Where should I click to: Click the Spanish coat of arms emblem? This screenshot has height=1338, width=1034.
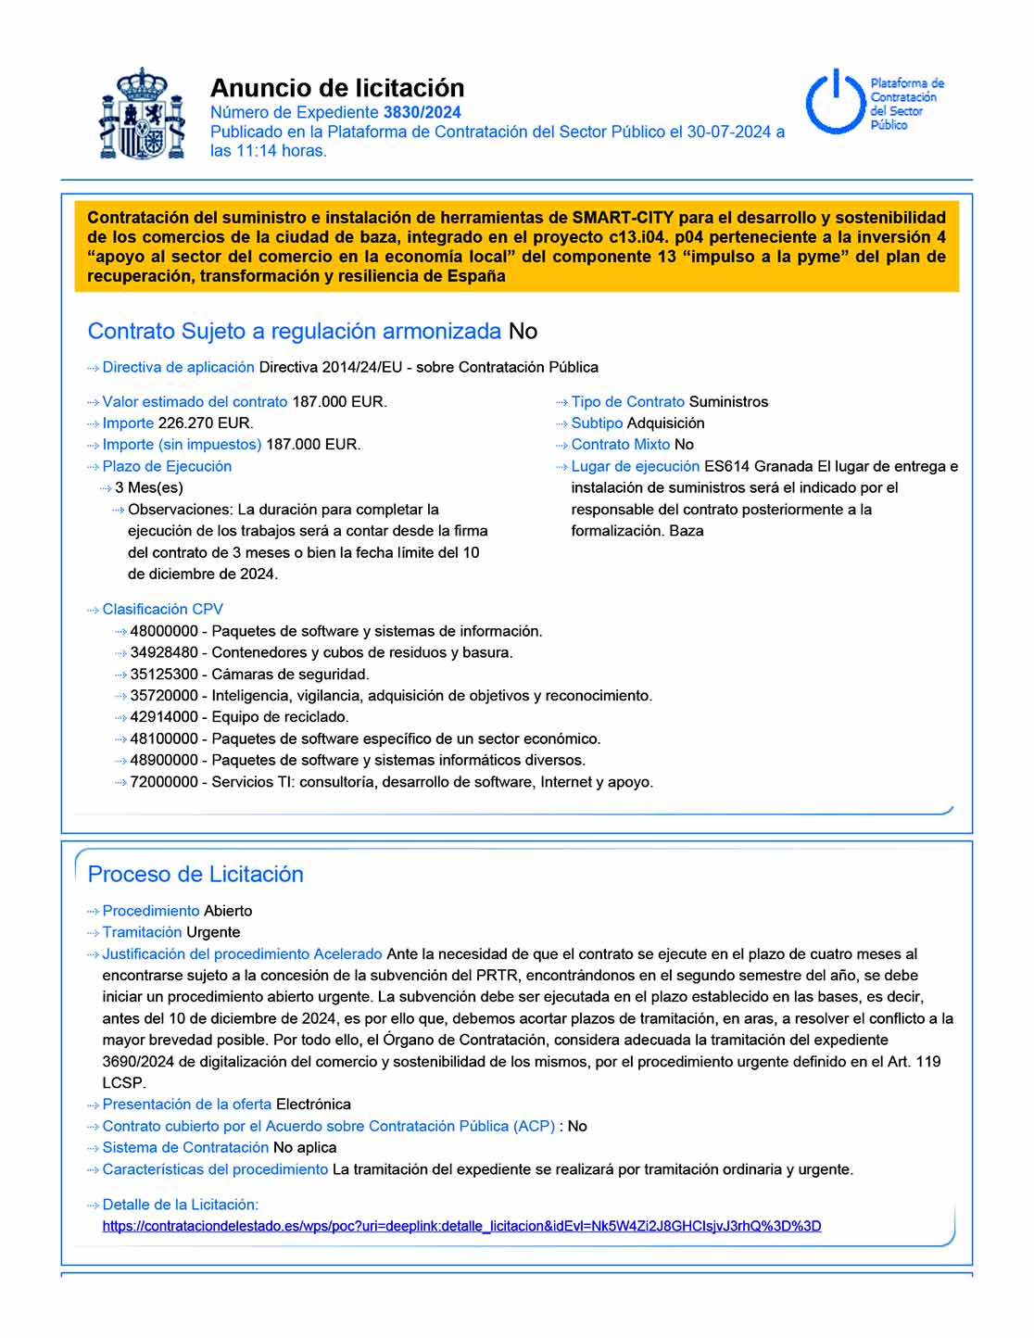[x=142, y=114]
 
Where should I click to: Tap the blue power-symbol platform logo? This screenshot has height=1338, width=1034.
[x=835, y=102]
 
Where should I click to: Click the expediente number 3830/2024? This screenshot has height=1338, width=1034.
[x=422, y=112]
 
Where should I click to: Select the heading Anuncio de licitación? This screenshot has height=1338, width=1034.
[x=337, y=88]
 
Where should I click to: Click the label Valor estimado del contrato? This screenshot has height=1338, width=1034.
[x=195, y=402]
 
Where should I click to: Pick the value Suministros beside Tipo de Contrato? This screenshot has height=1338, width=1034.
[x=728, y=402]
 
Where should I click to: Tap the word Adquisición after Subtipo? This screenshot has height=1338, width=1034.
[x=665, y=423]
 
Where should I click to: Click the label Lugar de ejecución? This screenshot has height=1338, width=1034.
[x=635, y=466]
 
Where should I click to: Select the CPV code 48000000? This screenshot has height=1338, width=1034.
[x=164, y=631]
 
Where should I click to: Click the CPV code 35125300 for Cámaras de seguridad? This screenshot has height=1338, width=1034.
[x=164, y=675]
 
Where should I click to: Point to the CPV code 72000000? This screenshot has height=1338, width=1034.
[x=164, y=782]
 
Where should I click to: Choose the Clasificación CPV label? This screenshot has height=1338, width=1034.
[x=162, y=610]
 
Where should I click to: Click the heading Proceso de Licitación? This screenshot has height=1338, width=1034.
[x=195, y=874]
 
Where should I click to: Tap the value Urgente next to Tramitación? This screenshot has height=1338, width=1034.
[x=213, y=932]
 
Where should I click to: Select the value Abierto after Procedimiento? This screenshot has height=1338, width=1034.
[x=228, y=911]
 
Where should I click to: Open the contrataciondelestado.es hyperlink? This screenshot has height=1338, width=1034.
[x=461, y=1226]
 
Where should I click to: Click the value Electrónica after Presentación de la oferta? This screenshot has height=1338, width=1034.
[x=313, y=1104]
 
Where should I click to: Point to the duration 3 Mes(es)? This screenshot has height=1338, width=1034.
[x=149, y=487]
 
